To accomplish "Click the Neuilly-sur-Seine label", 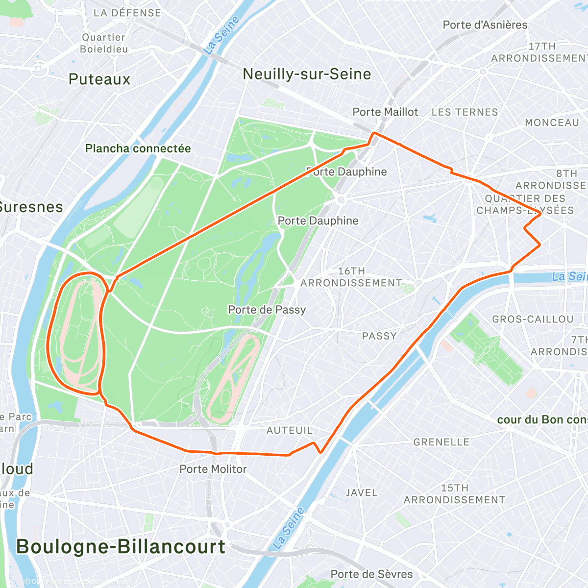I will pos(307,74).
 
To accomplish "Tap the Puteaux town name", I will pos(99,79).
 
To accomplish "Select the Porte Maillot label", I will pos(385,112).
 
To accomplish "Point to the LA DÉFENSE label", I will pos(127,13).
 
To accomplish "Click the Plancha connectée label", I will pos(138,148).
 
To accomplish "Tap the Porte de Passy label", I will pos(267,310).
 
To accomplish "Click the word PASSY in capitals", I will pos(379,336).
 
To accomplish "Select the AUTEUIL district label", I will pos(289,430).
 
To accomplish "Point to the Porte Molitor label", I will pos(213,469).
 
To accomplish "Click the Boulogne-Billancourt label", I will pos(121,547).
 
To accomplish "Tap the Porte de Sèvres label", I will pos(371,574).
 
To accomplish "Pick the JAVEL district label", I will pos(362,493).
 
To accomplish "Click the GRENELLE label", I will pos(441,442).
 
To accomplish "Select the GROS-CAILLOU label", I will pos(533,319).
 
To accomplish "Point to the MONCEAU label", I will pos(552,122).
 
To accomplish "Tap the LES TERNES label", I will pos(465,112).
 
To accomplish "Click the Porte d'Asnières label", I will pos(485,25).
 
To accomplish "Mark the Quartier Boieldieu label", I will pos(104,43).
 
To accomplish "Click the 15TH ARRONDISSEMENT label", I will pos(454,494).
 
